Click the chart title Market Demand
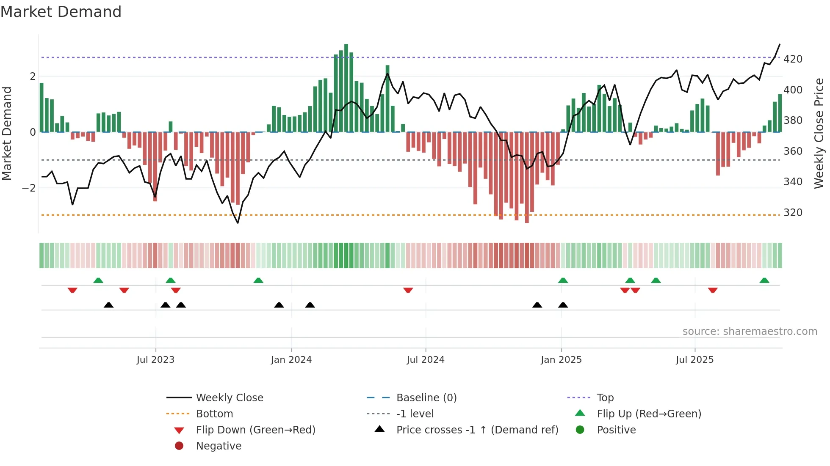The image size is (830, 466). (x=61, y=12)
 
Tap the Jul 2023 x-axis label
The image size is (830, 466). (x=155, y=360)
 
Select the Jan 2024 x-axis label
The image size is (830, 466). (x=291, y=360)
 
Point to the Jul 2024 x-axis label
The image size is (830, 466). (x=426, y=360)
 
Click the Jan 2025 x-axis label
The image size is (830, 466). (x=561, y=360)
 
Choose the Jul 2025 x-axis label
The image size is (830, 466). (x=695, y=360)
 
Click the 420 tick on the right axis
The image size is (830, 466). (x=793, y=59)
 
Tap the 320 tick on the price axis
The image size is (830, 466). (x=793, y=213)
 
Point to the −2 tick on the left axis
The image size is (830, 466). (x=29, y=188)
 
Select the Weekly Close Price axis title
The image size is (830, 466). (x=819, y=133)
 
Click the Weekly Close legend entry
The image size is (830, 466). (x=230, y=398)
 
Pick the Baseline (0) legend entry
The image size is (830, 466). (x=426, y=398)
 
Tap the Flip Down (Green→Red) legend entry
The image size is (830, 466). (x=255, y=430)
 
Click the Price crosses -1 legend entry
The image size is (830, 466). (x=477, y=430)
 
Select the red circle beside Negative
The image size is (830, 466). (x=179, y=446)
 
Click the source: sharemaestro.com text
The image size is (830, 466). (x=750, y=332)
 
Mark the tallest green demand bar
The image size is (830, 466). (x=346, y=88)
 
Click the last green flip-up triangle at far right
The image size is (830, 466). (x=764, y=280)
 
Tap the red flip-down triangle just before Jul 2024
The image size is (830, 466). (x=408, y=290)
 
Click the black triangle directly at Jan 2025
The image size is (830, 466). (x=563, y=305)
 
